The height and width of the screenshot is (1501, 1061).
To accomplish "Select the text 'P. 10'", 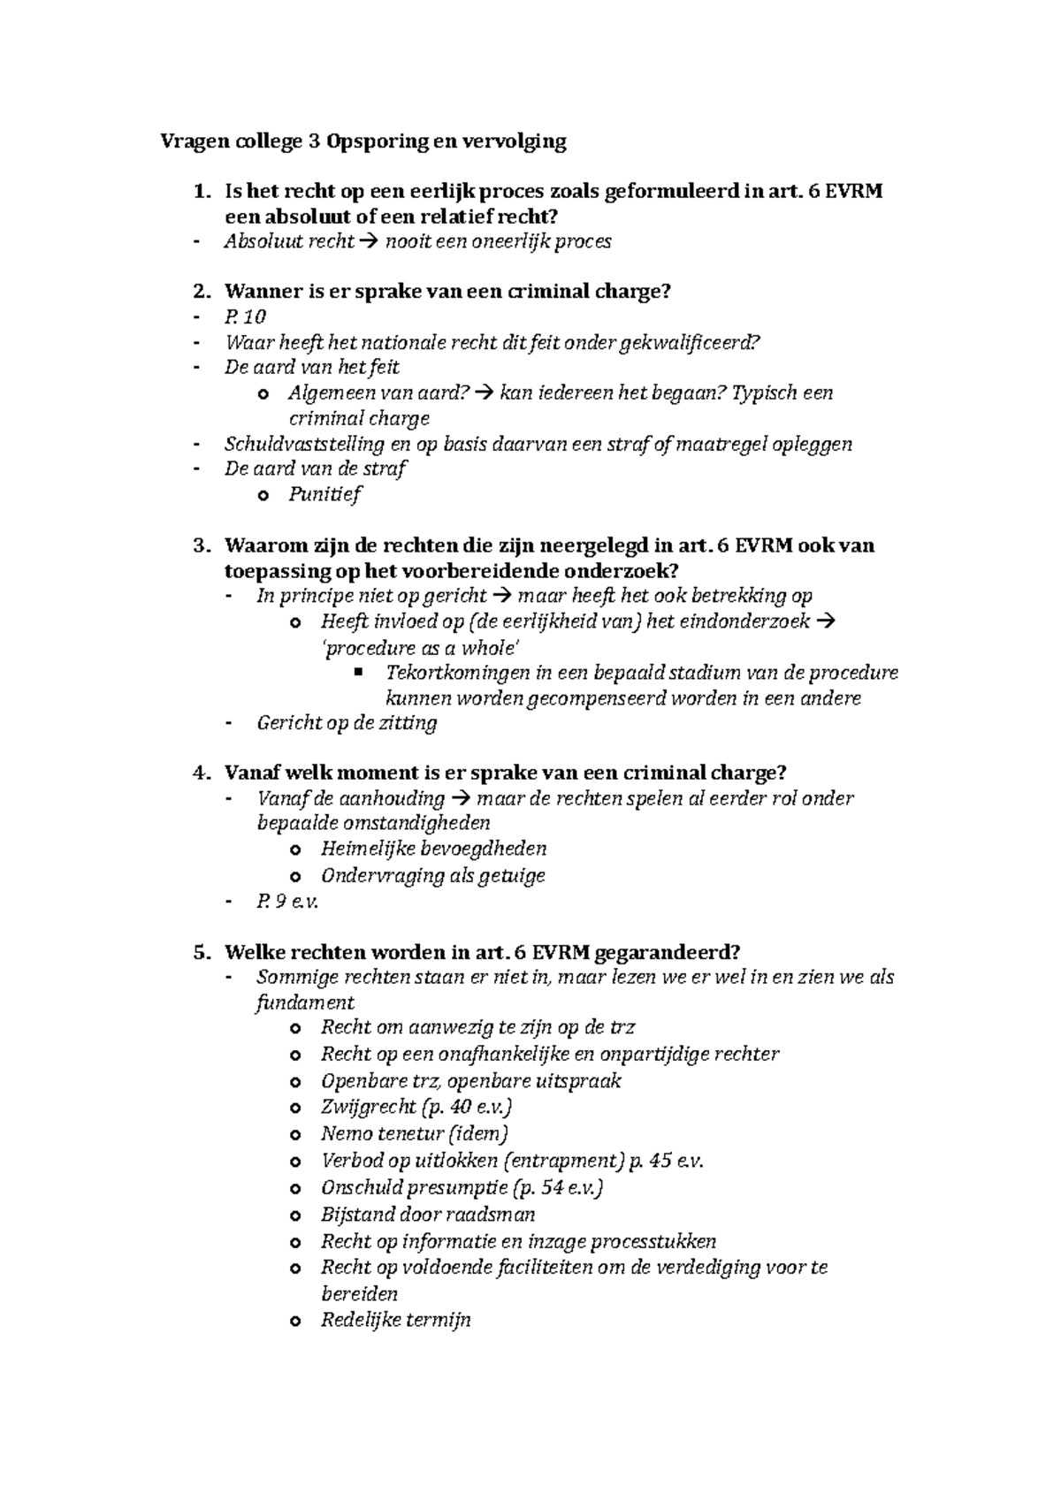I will [x=245, y=317].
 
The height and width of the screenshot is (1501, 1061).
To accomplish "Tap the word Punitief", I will [x=324, y=495].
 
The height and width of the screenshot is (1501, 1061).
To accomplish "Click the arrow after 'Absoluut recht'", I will [x=369, y=242].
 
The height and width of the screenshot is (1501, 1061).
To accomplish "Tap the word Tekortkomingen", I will [x=458, y=674].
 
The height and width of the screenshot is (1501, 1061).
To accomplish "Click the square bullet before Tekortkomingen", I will [x=358, y=673].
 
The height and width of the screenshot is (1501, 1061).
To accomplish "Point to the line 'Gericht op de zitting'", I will [x=347, y=724].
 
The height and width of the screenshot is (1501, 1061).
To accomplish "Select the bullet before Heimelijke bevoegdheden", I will [x=294, y=850].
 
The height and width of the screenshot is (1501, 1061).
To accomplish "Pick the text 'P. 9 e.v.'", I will [x=286, y=903].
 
